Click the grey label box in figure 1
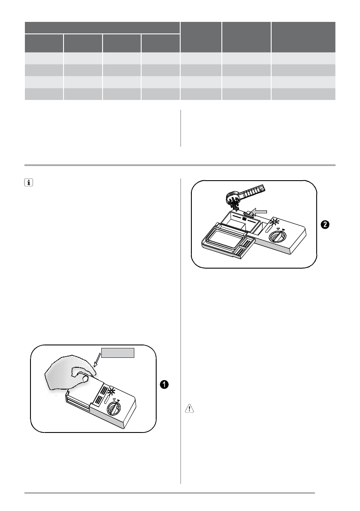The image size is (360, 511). coord(118,353)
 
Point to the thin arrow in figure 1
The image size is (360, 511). coord(97,360)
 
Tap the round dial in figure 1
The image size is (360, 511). coord(114,408)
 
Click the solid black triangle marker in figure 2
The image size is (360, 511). coord(284,230)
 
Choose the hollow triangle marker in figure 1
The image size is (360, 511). coord(114,399)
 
